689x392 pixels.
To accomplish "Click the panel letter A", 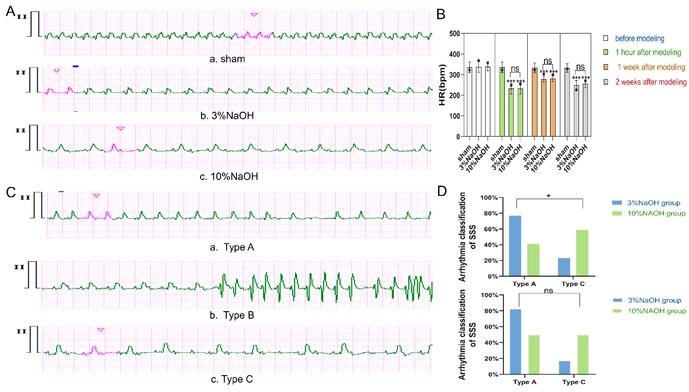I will coord(10,11).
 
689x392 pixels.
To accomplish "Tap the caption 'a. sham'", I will coord(227,59).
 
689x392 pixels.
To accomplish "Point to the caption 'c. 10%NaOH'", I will coord(229,177).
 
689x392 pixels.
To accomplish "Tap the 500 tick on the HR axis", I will coord(454,34).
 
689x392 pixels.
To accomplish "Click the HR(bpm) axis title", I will coord(442,85).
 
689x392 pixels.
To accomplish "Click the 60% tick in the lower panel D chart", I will coord(491,327).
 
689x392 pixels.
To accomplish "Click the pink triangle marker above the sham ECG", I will coord(254,15).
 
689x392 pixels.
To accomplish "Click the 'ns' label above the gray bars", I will coord(580,67).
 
